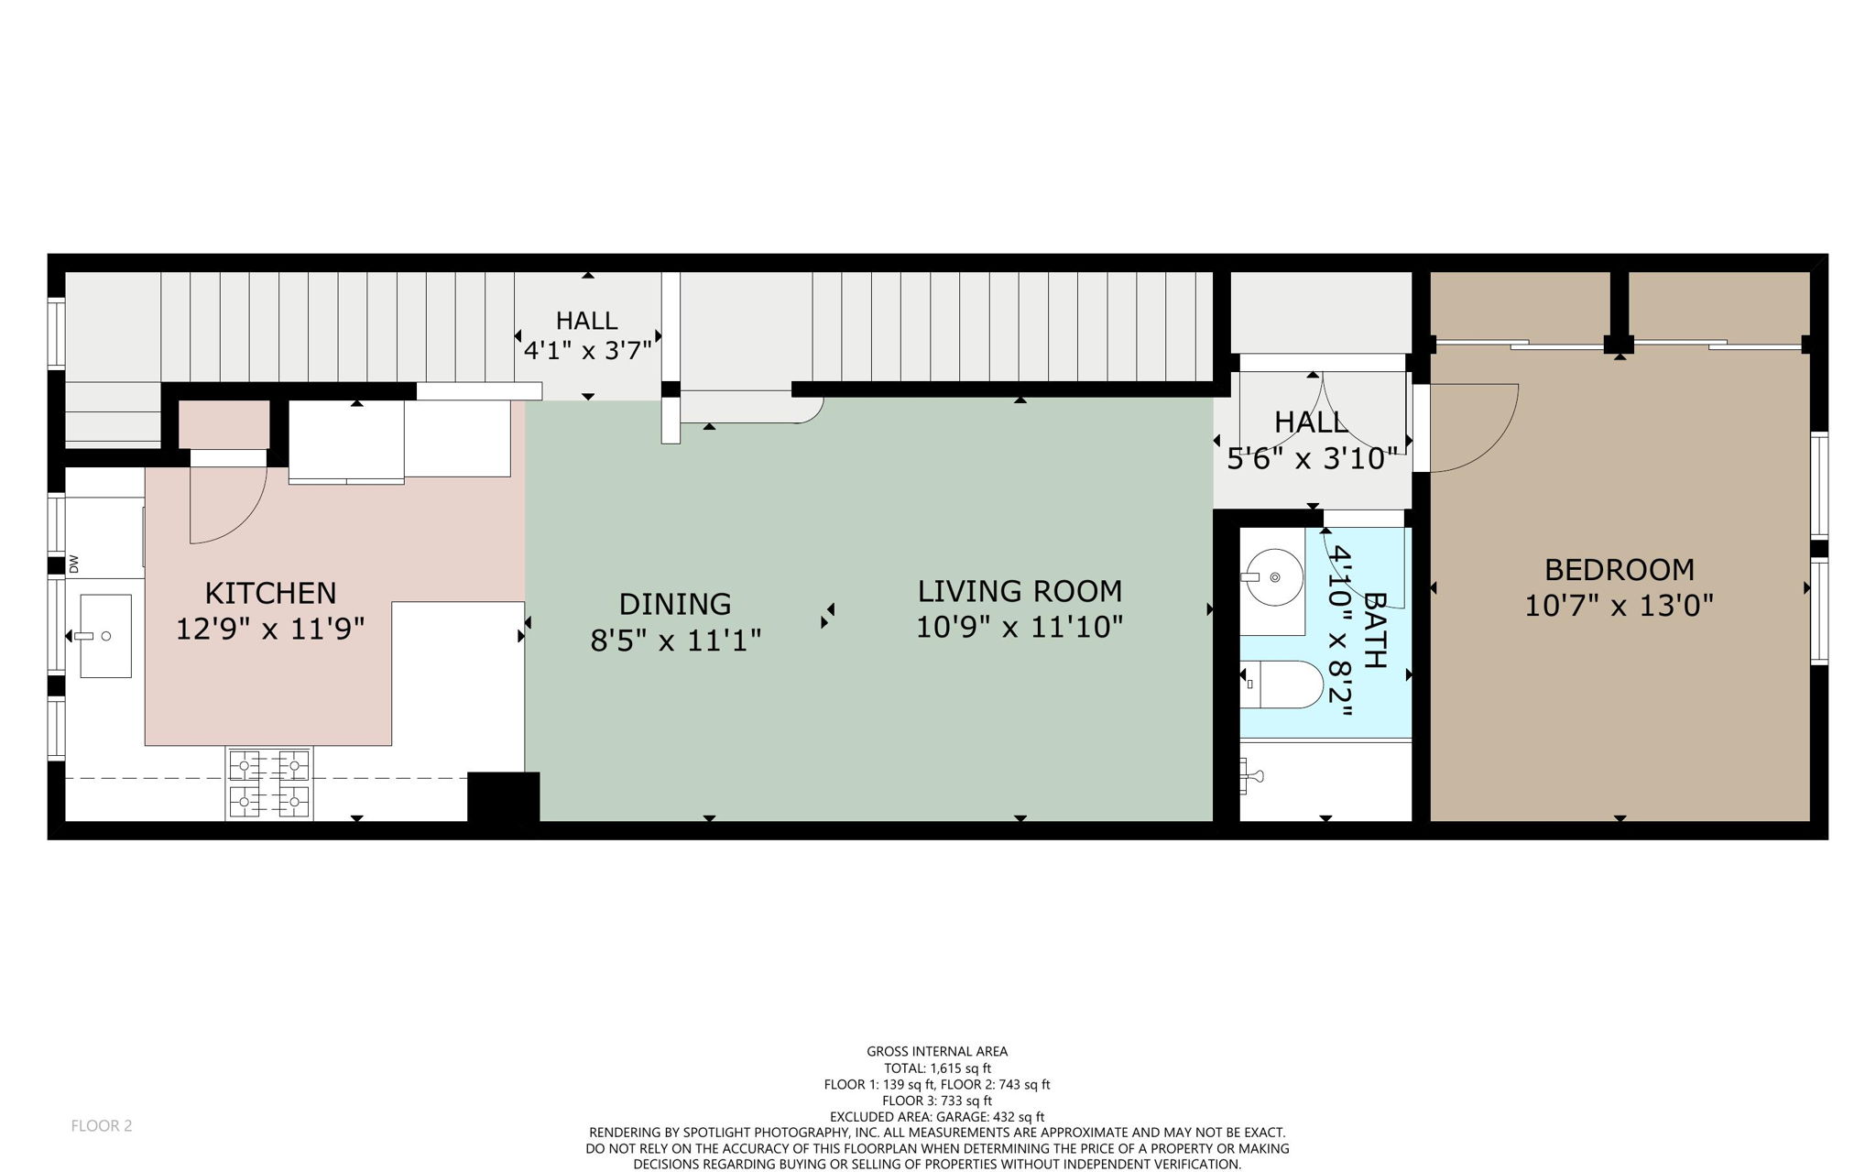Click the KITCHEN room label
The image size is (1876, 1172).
pos(270,593)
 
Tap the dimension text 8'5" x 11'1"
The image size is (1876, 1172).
pos(675,640)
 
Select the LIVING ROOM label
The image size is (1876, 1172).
pos(1020,591)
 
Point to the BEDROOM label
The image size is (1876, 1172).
pos(1619,570)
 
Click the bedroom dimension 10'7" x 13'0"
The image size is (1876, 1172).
pos(1619,606)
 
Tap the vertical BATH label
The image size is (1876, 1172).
pos(1375,630)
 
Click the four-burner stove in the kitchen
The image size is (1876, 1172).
pos(269,783)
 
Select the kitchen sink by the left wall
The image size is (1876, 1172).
pos(105,636)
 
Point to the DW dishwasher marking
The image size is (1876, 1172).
pos(74,564)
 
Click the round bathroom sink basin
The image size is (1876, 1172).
pos(1274,577)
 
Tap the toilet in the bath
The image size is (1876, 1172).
pos(1287,685)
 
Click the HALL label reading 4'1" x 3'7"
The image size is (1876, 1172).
pos(586,334)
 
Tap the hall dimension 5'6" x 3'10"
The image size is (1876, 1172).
pos(1312,458)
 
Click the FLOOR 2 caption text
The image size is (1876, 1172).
pos(102,1126)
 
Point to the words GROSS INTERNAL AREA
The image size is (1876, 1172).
pos(937,1052)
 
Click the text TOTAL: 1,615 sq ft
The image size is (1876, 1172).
pos(937,1068)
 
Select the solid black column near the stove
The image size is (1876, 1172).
pos(503,797)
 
